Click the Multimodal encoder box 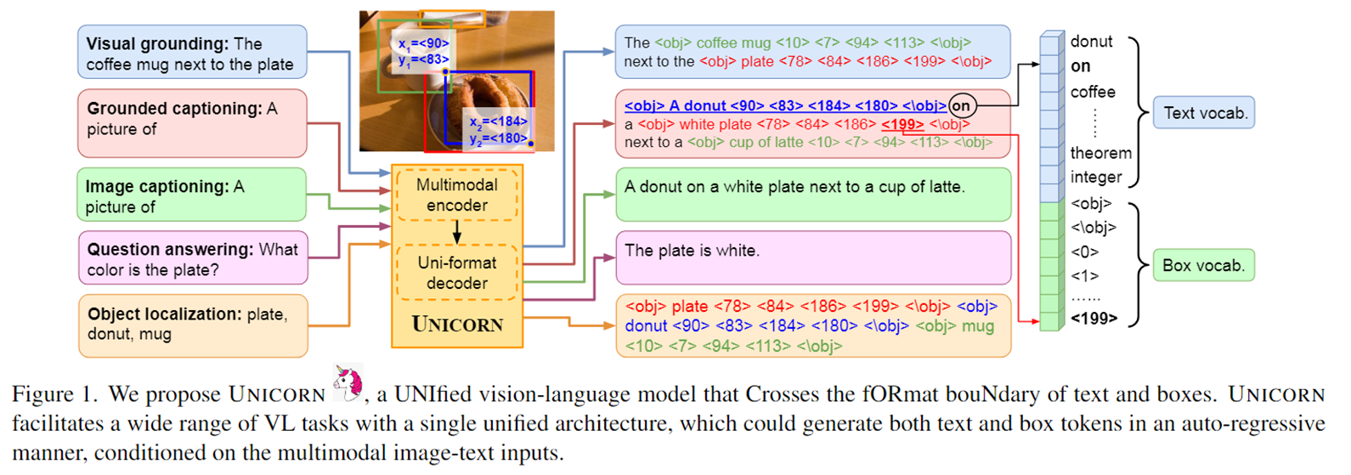(456, 195)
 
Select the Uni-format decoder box (456, 273)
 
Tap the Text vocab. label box (1204, 113)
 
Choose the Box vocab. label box (1204, 265)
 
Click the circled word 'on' (961, 106)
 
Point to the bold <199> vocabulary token (1094, 319)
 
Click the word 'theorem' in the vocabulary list (1100, 153)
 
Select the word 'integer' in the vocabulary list (1096, 178)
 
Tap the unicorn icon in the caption (348, 382)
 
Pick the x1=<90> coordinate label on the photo (423, 43)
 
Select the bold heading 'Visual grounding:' (157, 44)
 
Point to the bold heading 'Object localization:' (165, 314)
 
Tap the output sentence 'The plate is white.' (692, 251)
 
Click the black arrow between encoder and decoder (456, 232)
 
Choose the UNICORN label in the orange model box (457, 325)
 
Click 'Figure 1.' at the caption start (55, 395)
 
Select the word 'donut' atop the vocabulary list (1092, 42)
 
